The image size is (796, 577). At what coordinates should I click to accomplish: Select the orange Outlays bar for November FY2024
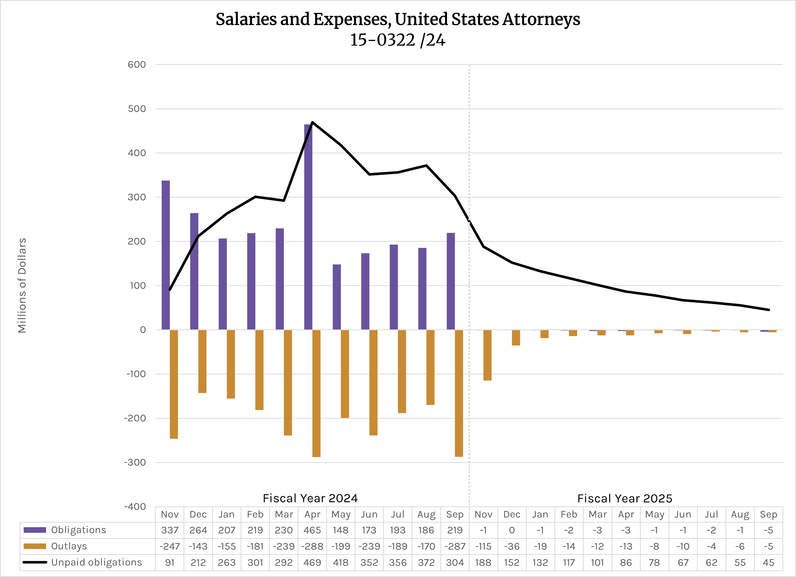(174, 384)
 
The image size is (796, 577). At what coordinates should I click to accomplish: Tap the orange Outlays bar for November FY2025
(487, 355)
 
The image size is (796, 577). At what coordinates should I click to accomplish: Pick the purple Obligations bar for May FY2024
(337, 297)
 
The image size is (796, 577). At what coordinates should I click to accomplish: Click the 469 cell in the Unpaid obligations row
(312, 562)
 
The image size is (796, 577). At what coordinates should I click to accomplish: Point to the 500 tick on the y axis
(137, 109)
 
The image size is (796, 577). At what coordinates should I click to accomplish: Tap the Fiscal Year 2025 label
(625, 498)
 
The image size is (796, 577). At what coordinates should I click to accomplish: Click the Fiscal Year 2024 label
(310, 498)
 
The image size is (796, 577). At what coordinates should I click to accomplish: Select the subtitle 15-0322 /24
(398, 40)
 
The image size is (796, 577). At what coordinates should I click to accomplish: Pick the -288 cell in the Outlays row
(312, 546)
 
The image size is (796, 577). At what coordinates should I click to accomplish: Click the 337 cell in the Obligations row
(170, 530)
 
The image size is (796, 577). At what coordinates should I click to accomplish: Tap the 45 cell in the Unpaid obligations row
(768, 562)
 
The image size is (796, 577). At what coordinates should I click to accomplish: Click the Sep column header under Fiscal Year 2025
(768, 514)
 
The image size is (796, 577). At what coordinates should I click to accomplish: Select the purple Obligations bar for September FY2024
(451, 281)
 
